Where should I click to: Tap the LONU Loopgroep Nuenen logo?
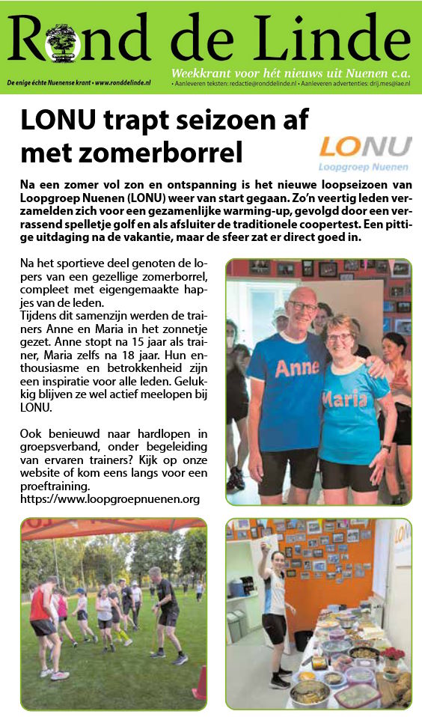coord(364,153)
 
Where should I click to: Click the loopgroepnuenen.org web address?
coord(111,498)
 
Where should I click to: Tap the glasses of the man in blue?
coord(303,307)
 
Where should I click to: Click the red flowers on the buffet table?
coord(392,653)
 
